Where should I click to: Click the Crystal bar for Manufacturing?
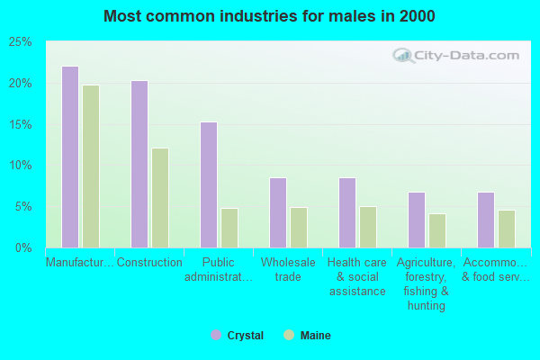point(70,157)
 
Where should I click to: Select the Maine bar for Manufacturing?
point(91,166)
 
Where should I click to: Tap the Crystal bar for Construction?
point(139,164)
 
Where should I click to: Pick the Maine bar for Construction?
point(160,198)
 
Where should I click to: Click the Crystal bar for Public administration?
point(209,184)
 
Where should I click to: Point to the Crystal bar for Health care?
point(347,212)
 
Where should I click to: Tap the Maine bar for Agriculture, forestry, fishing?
point(437,230)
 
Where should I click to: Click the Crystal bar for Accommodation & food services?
point(486,220)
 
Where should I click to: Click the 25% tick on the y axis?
point(20,42)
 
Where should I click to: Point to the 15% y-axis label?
point(20,124)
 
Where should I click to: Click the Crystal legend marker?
point(216,336)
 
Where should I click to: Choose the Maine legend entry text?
point(315,336)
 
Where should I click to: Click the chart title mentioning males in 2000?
point(269,16)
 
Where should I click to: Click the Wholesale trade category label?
point(288,269)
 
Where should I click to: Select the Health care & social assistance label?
point(356,276)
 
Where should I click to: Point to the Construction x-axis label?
point(148,262)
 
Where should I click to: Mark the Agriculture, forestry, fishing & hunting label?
point(427,283)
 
